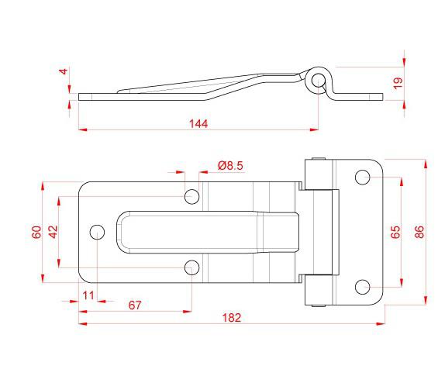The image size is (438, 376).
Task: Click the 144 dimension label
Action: [x=198, y=124]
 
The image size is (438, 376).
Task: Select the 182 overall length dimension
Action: [x=232, y=318]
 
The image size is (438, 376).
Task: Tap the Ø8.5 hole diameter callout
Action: [x=230, y=166]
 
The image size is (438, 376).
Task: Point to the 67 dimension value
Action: [x=135, y=305]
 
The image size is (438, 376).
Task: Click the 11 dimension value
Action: [x=88, y=295]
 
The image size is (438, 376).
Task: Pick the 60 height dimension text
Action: [x=36, y=232]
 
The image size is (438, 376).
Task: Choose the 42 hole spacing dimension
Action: [x=53, y=232]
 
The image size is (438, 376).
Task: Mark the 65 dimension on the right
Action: [x=395, y=232]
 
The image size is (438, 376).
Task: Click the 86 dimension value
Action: [x=419, y=232]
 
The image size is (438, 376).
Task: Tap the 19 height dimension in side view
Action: [x=398, y=83]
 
